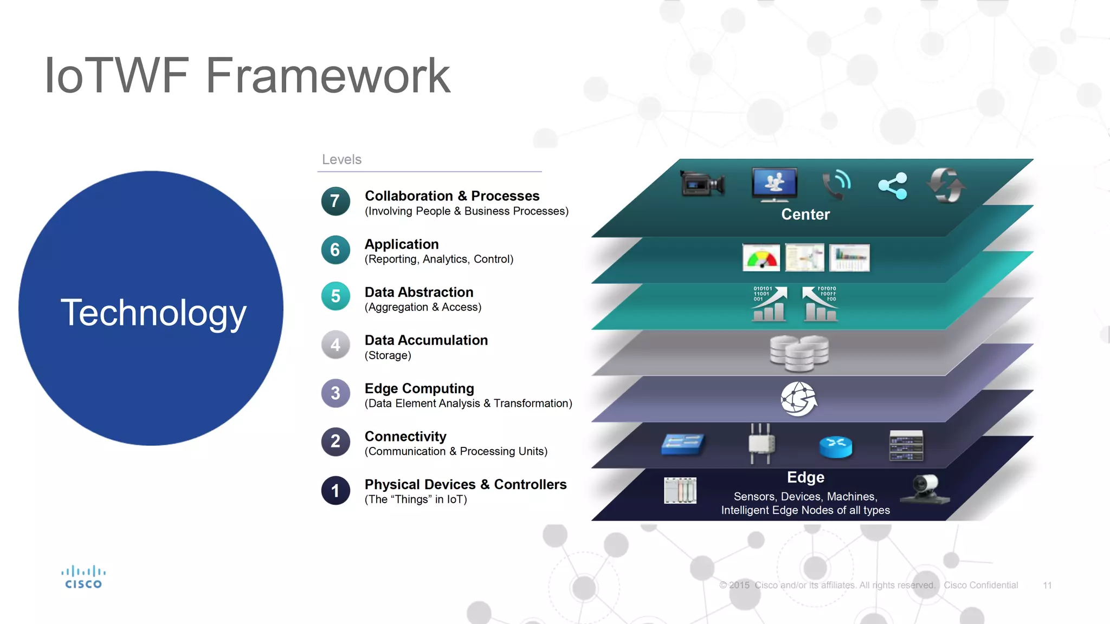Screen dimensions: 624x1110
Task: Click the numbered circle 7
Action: [x=335, y=201]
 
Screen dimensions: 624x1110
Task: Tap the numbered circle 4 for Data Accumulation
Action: [x=335, y=345]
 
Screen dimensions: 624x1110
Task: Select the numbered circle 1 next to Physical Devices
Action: [x=335, y=490]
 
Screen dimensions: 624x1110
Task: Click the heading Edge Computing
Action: [x=419, y=388]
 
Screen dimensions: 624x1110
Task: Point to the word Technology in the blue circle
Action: [x=153, y=313]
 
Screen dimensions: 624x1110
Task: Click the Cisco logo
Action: [x=83, y=577]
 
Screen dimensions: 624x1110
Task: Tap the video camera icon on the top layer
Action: [x=702, y=185]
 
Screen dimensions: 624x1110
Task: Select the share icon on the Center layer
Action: [x=893, y=186]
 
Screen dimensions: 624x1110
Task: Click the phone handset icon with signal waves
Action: [x=836, y=184]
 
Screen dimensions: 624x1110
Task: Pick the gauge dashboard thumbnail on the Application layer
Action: [x=761, y=258]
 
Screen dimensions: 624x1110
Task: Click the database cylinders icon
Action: [x=799, y=353]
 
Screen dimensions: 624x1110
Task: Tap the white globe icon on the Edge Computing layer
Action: [x=798, y=399]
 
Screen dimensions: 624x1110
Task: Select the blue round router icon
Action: [x=835, y=446]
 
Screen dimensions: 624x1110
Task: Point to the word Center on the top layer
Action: [x=805, y=214]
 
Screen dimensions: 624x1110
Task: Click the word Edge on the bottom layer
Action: [x=805, y=477]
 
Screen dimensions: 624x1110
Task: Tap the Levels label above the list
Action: [x=341, y=160]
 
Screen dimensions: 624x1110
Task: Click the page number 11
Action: [x=1047, y=586]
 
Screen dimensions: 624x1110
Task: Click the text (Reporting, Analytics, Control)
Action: [x=438, y=259]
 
